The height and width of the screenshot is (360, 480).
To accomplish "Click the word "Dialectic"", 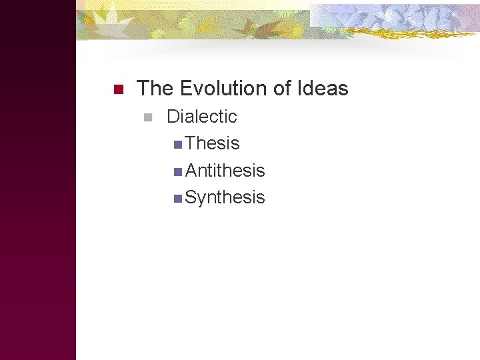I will [x=201, y=117].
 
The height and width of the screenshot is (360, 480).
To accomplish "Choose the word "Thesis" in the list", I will [x=212, y=143].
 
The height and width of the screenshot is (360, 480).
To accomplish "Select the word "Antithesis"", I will [x=225, y=171].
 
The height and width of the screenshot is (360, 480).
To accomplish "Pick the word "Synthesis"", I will [x=225, y=197].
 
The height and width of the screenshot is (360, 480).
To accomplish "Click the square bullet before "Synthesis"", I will [x=176, y=199].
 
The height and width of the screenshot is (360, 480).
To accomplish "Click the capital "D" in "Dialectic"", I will [x=173, y=117].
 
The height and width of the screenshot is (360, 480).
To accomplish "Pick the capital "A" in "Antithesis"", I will [x=192, y=171].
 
